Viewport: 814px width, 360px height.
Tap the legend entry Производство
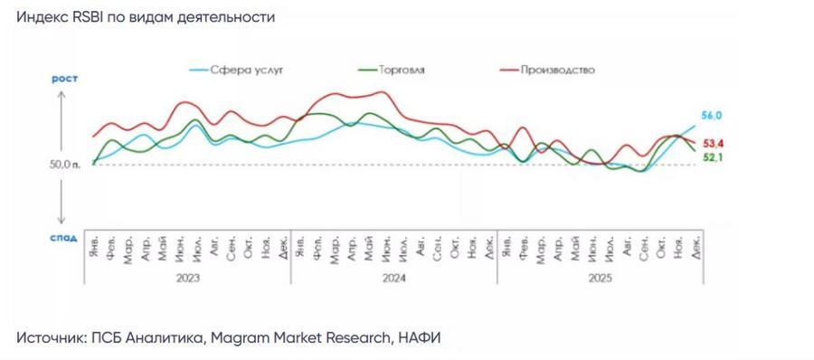(x=557, y=70)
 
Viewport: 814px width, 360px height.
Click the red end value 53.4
(x=715, y=144)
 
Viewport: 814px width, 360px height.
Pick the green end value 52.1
(x=715, y=158)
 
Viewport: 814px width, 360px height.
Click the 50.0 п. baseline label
(x=66, y=165)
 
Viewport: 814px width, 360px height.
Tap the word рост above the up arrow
(x=64, y=80)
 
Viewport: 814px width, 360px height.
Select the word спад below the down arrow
(x=63, y=238)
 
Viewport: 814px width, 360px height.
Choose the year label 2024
(x=393, y=279)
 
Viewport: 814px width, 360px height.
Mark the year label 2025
(x=600, y=279)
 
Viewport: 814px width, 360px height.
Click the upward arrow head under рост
(x=63, y=93)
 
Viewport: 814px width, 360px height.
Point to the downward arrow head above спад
(x=63, y=222)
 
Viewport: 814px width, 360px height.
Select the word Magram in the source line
(x=243, y=337)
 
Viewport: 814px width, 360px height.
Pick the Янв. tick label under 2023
(x=94, y=244)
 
